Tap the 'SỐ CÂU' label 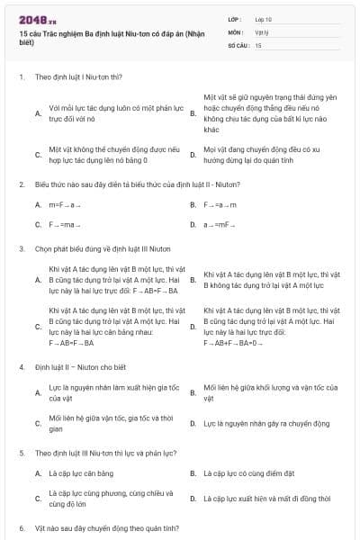click(239, 44)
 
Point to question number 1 click(21, 77)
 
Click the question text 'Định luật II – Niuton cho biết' click(74, 367)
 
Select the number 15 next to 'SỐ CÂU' click(258, 44)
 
